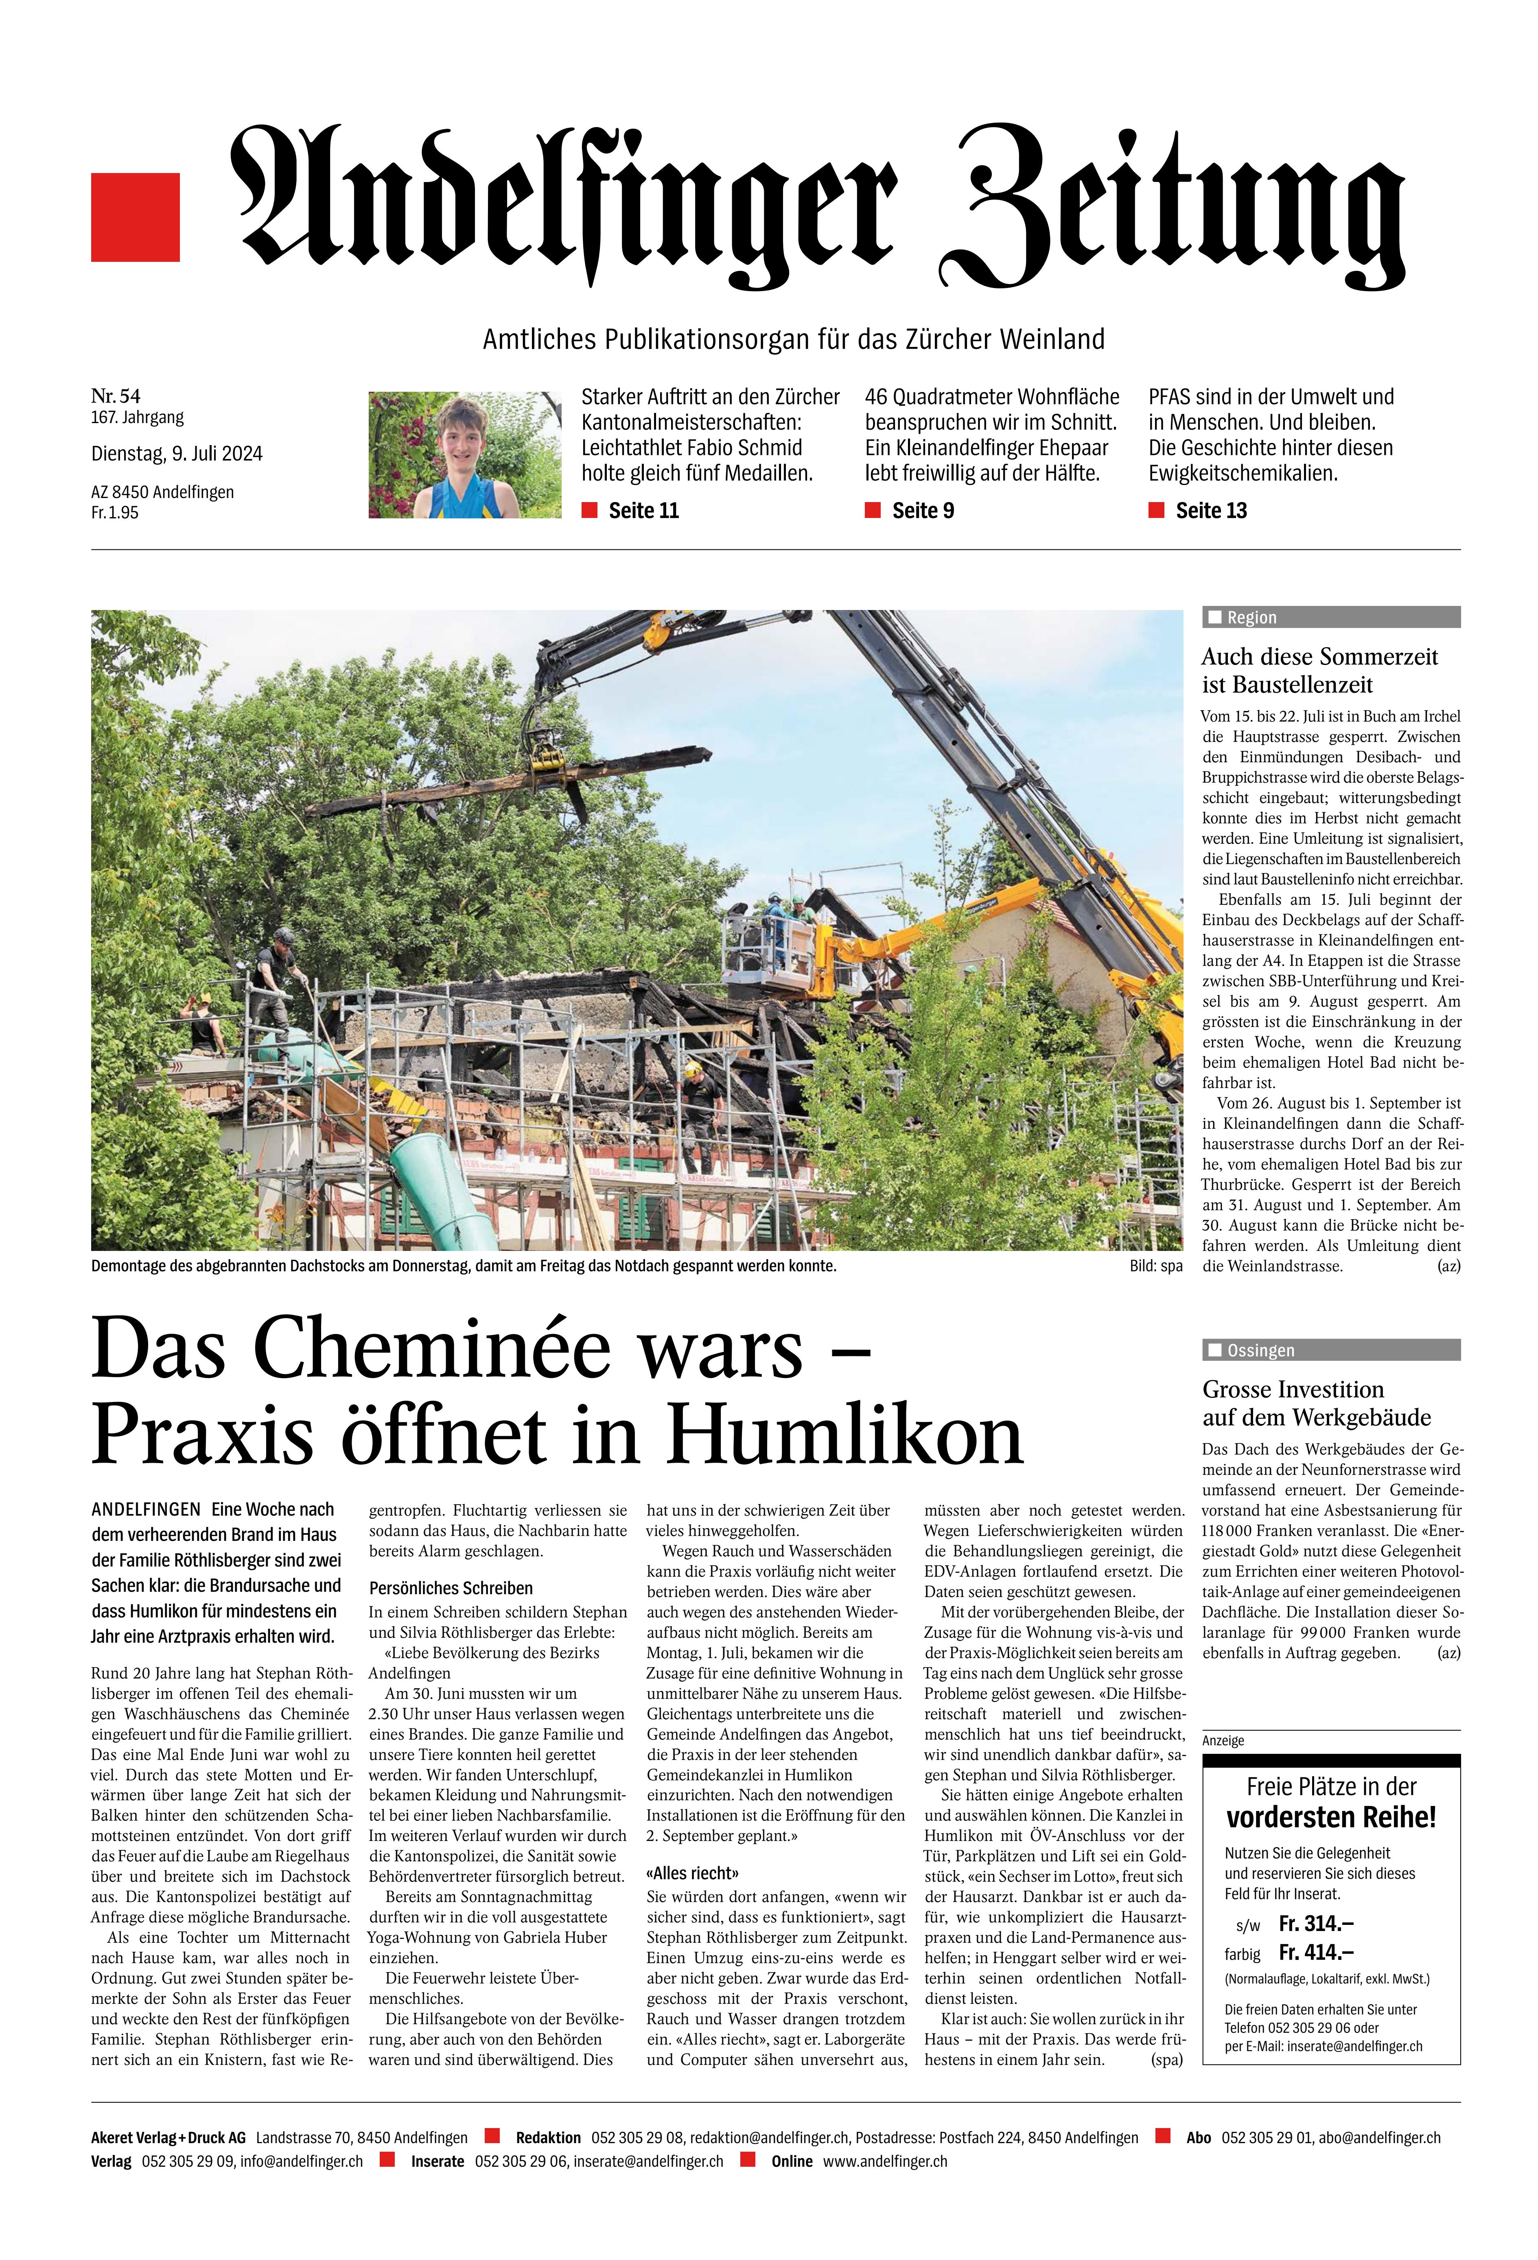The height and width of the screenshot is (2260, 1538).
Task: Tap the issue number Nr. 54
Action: click(x=116, y=395)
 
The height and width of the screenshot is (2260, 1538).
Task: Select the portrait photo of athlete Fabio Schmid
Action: click(x=465, y=454)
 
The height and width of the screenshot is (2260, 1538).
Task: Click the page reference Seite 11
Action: click(x=643, y=511)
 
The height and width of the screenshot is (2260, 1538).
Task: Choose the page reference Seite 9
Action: click(x=923, y=511)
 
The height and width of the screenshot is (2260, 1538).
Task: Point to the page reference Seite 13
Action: click(x=1210, y=511)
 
